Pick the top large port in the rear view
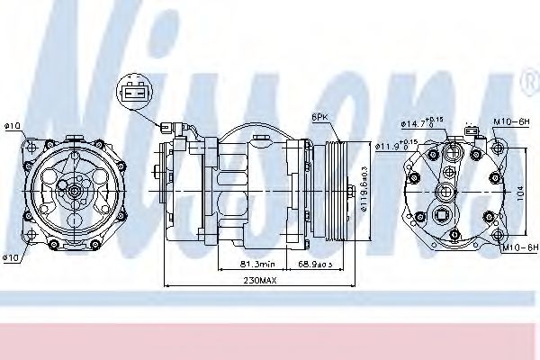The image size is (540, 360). click(450, 153)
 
